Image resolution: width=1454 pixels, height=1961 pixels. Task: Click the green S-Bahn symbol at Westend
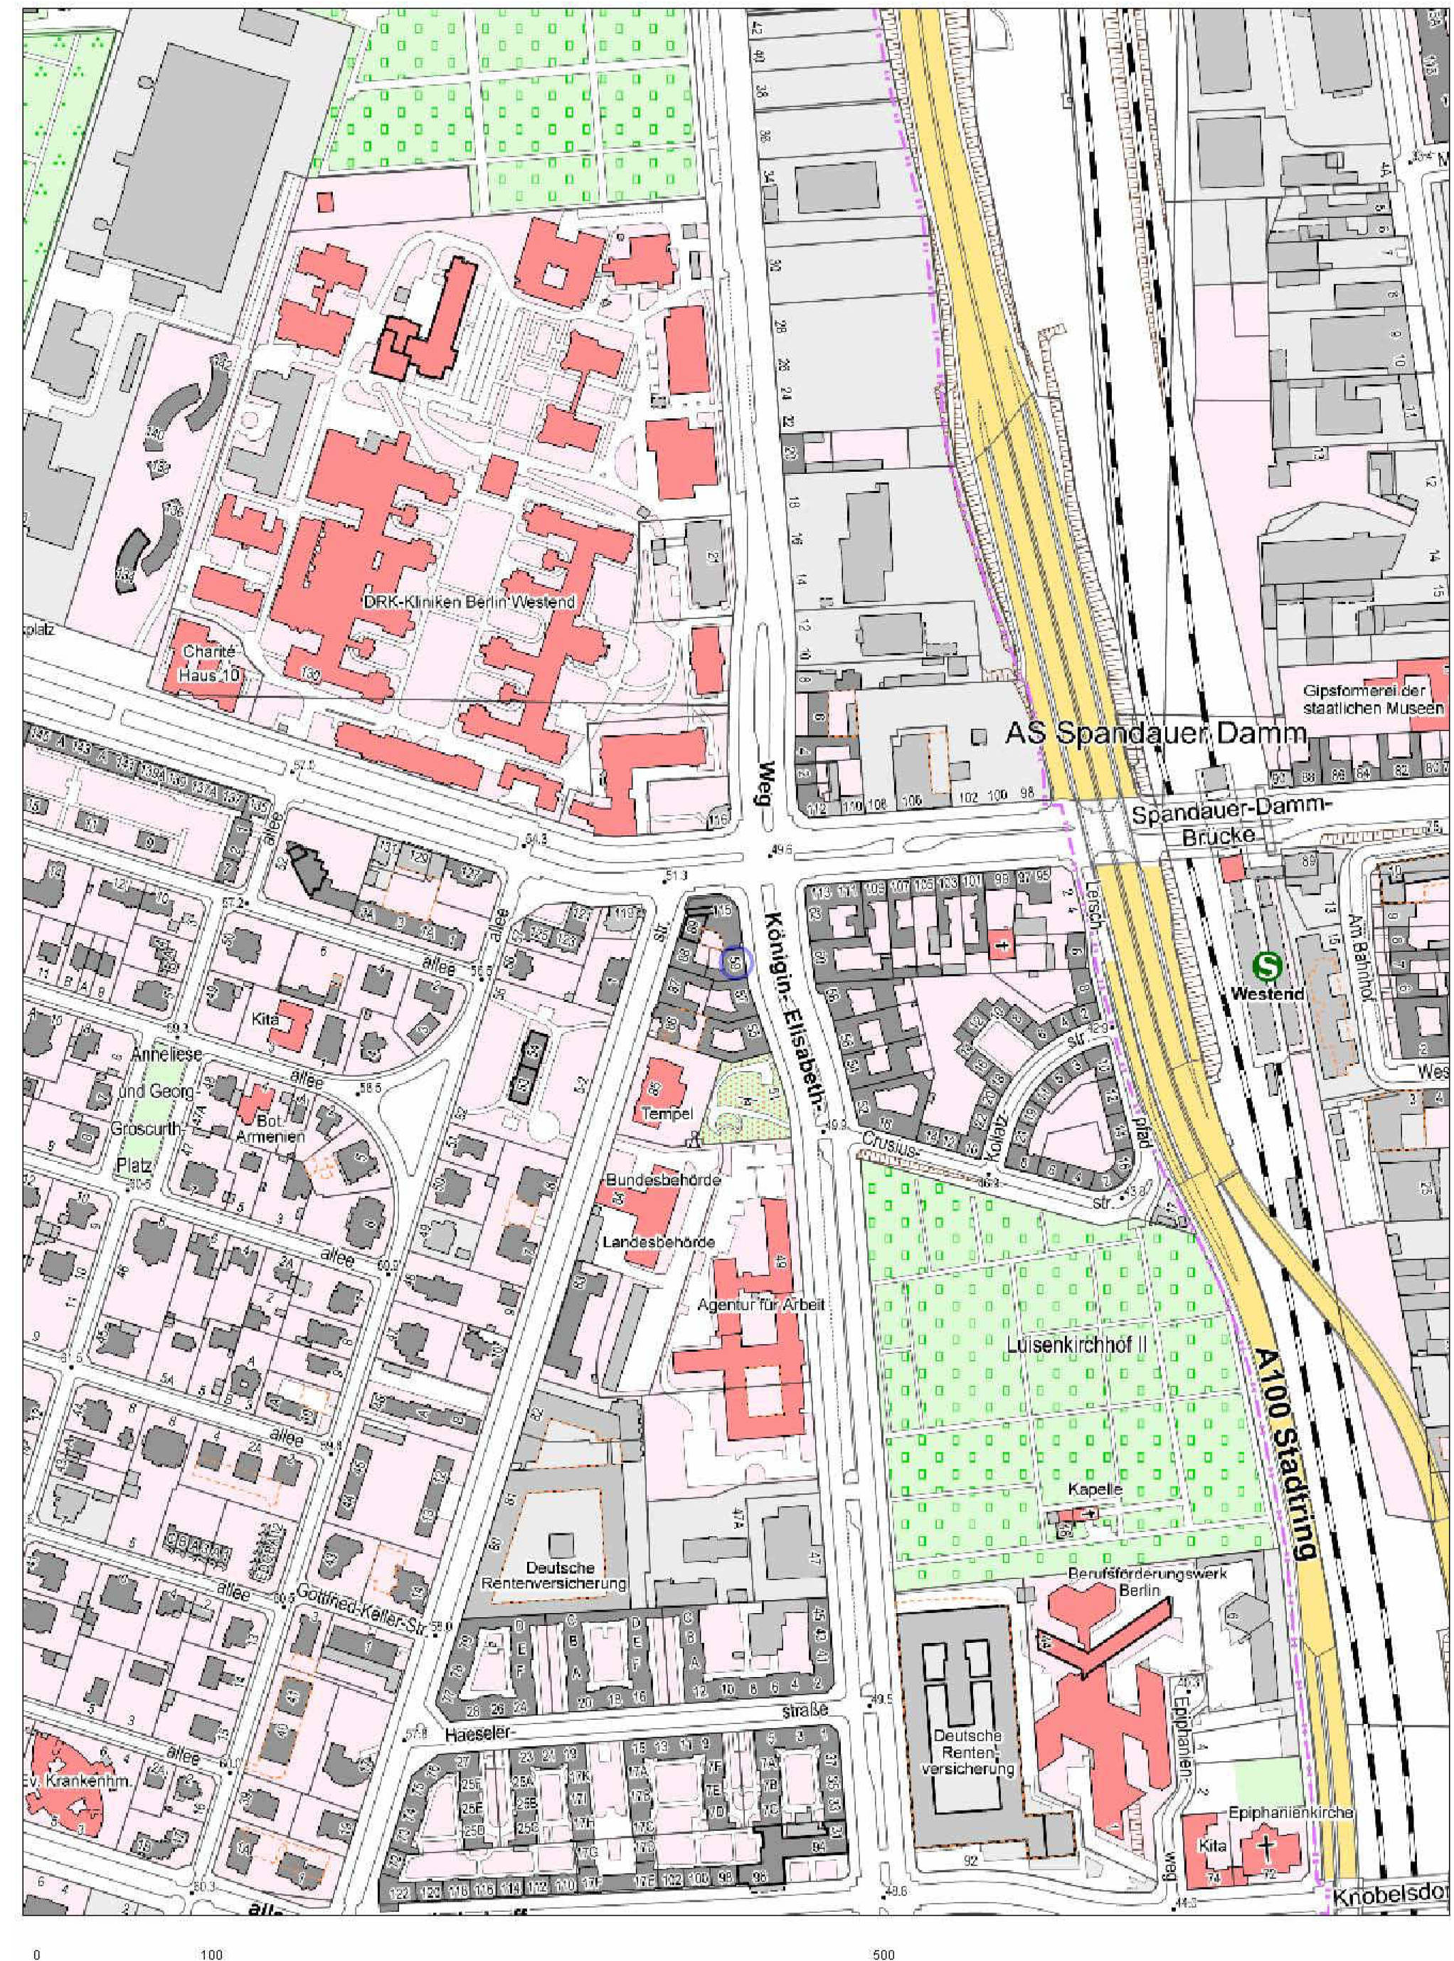1268,966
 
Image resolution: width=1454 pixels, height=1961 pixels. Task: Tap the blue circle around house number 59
734,962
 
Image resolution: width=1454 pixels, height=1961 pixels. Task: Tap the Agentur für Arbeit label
760,1304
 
